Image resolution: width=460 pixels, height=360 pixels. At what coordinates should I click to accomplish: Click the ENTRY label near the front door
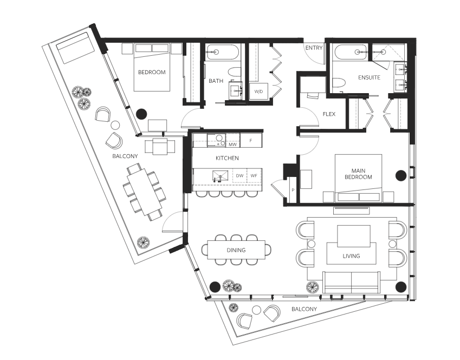(x=314, y=48)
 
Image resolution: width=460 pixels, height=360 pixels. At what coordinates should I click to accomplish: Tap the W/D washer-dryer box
(x=258, y=91)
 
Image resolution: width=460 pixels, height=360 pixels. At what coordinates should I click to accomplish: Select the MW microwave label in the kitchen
(x=232, y=145)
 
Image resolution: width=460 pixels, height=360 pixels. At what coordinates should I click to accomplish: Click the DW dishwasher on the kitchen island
(x=239, y=175)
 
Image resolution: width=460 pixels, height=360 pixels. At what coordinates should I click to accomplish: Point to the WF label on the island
(x=254, y=175)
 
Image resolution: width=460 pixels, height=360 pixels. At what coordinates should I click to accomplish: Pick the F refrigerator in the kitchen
(x=251, y=140)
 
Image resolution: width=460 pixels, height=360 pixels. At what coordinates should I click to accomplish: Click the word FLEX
(x=329, y=114)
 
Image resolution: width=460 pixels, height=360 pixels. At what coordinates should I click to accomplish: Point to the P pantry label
(x=293, y=190)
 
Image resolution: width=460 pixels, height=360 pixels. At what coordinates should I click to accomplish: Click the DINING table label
(x=236, y=250)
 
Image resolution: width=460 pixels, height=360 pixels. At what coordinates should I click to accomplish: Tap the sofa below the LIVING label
(x=352, y=282)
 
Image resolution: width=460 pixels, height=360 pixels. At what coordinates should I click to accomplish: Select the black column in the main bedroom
(x=401, y=175)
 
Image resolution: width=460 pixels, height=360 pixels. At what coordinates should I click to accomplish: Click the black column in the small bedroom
(x=142, y=114)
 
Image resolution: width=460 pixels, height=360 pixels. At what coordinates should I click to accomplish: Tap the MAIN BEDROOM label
(x=358, y=174)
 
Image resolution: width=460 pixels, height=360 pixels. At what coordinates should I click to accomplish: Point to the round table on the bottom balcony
(x=256, y=310)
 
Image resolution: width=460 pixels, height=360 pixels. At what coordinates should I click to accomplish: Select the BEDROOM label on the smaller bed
(x=152, y=72)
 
